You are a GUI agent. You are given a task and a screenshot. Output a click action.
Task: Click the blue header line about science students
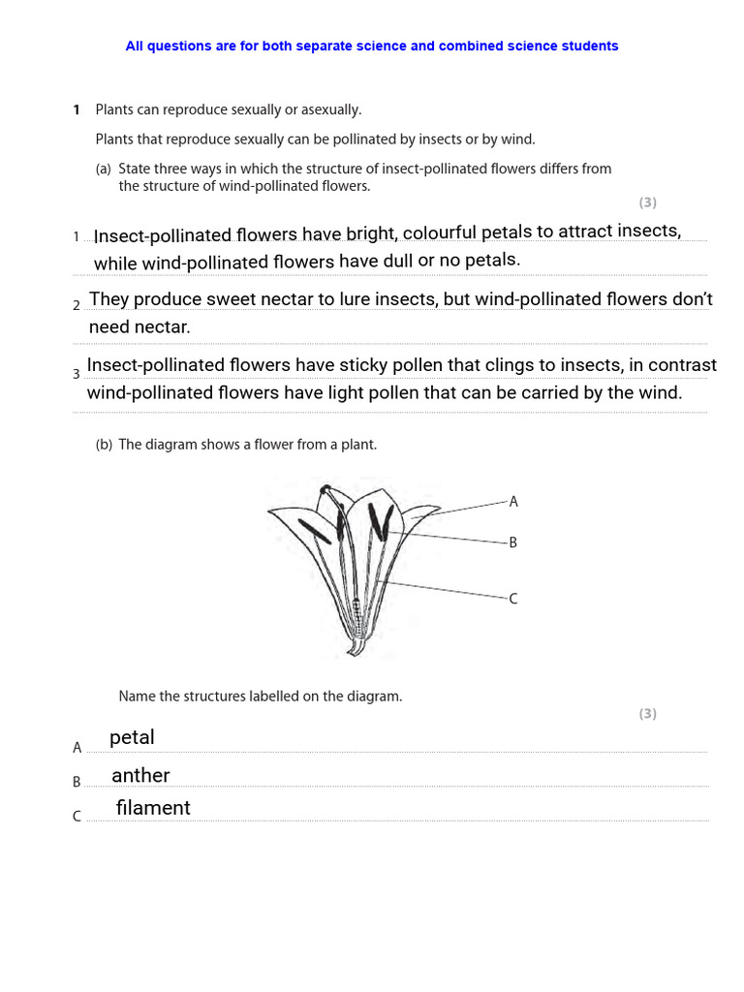[x=371, y=46]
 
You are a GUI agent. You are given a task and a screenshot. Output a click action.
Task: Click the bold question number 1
[x=77, y=110]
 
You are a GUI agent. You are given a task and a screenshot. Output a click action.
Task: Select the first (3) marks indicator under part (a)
[x=647, y=202]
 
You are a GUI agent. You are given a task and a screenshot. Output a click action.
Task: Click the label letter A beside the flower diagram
[x=513, y=502]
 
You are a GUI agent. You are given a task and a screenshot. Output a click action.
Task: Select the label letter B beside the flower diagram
[x=513, y=543]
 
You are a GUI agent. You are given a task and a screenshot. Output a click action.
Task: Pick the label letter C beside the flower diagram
[x=513, y=600]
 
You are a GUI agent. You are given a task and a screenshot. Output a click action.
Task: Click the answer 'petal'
[x=132, y=737]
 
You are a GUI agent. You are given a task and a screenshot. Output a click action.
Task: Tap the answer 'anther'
[x=140, y=775]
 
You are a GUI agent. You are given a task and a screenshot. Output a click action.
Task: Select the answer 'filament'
[x=153, y=808]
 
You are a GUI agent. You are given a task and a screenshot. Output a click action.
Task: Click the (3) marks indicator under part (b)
[x=647, y=714]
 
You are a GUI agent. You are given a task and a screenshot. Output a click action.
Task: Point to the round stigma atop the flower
[x=326, y=490]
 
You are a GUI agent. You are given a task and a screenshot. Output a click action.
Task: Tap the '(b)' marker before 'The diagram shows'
[x=104, y=445]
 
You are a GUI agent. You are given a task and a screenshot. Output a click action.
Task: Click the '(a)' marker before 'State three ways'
[x=104, y=169]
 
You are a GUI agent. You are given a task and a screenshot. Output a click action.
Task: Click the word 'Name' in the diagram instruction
[x=137, y=697]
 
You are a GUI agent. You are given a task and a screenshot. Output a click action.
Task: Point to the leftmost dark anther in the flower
[x=313, y=530]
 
